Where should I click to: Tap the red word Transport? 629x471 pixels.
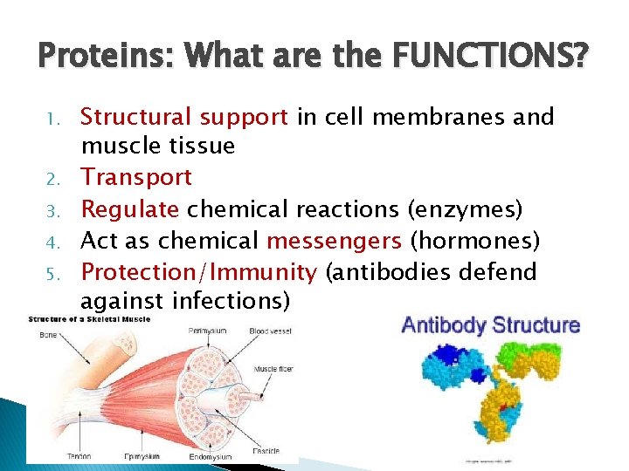pyautogui.click(x=136, y=177)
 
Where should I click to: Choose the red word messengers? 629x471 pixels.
pyautogui.click(x=335, y=241)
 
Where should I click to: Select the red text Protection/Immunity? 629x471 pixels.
pyautogui.click(x=198, y=272)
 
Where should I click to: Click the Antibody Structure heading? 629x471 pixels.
pyautogui.click(x=490, y=325)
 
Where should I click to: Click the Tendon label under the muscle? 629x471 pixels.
pyautogui.click(x=79, y=455)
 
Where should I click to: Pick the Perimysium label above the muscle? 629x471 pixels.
pyautogui.click(x=208, y=332)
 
